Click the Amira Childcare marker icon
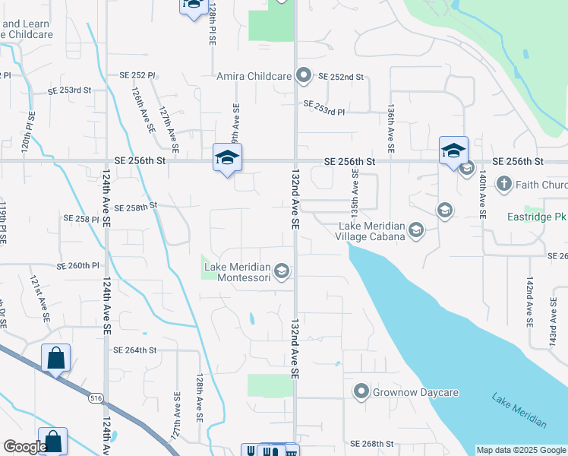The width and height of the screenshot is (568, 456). point(304,75)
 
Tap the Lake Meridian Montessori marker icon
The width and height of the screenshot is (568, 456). point(281,271)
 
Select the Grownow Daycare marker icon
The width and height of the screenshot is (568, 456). point(361,392)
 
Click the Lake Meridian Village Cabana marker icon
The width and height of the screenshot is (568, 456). point(415,230)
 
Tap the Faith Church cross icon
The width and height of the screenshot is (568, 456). point(503,184)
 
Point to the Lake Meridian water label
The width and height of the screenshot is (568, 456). point(518,410)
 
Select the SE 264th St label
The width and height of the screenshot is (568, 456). point(134,350)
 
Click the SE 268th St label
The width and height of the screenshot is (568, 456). point(372,444)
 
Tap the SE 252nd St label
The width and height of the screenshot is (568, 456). point(341,77)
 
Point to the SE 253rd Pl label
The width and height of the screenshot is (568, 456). point(324,107)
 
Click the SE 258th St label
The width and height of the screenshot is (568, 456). point(135,207)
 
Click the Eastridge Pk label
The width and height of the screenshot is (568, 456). point(537,217)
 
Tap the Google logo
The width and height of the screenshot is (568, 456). point(24,448)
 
